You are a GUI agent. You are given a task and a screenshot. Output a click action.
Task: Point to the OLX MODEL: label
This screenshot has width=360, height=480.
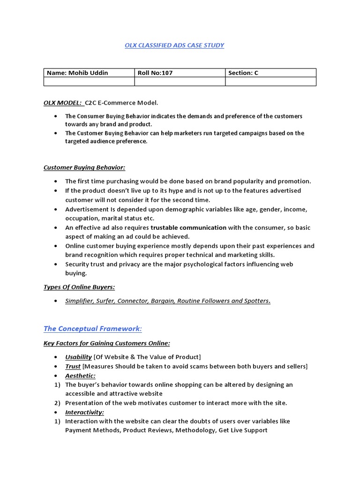coord(63,103)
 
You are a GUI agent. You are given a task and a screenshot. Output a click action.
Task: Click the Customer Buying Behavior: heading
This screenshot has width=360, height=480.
coord(84,167)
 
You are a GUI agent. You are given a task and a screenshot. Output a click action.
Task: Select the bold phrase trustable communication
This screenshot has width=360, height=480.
coord(188,227)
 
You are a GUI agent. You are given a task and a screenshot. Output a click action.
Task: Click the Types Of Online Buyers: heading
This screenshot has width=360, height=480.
coord(79,287)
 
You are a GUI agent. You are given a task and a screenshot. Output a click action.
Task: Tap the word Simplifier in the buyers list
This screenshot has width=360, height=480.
coord(80,301)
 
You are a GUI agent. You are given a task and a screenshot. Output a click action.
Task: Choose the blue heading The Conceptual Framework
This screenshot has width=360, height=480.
coord(92,329)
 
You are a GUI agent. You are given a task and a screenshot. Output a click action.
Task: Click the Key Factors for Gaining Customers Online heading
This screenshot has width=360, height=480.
coord(107,343)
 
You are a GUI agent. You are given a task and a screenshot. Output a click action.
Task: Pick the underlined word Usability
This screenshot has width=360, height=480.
coord(78,357)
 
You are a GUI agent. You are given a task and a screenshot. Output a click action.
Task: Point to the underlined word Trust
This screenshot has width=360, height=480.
coord(73,366)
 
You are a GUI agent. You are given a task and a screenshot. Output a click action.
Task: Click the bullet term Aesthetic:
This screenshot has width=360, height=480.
coord(80,375)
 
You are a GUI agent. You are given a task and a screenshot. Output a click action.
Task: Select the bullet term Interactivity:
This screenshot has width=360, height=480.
coord(84,412)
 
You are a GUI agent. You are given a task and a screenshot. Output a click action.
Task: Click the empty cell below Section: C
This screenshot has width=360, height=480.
coord(270,82)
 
